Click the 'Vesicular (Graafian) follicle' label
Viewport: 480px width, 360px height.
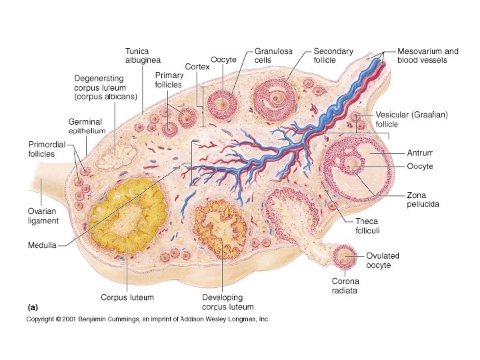411,119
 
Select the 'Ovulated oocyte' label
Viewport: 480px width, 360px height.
383,260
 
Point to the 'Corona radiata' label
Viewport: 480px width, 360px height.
345,285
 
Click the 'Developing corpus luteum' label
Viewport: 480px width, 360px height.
227,302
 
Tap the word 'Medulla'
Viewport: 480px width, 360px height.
42,245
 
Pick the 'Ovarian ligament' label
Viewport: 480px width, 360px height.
43,216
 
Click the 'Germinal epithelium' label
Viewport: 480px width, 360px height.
87,126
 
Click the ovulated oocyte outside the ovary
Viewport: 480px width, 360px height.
345,256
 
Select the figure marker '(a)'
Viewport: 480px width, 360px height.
32,307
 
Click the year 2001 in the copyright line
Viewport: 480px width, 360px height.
69,319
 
